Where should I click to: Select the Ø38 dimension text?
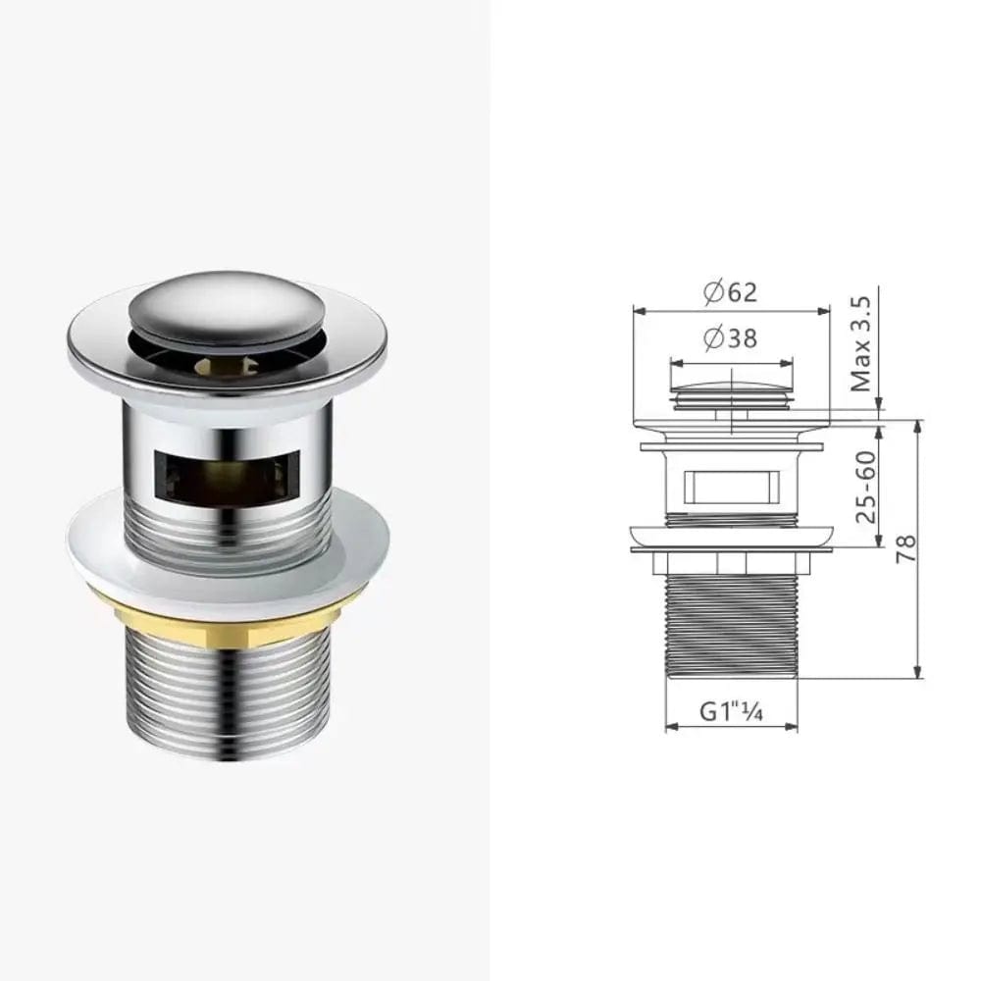click(731, 338)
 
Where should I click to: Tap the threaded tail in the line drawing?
click(732, 628)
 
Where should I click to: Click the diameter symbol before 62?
click(713, 291)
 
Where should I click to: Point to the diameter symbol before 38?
click(713, 338)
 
